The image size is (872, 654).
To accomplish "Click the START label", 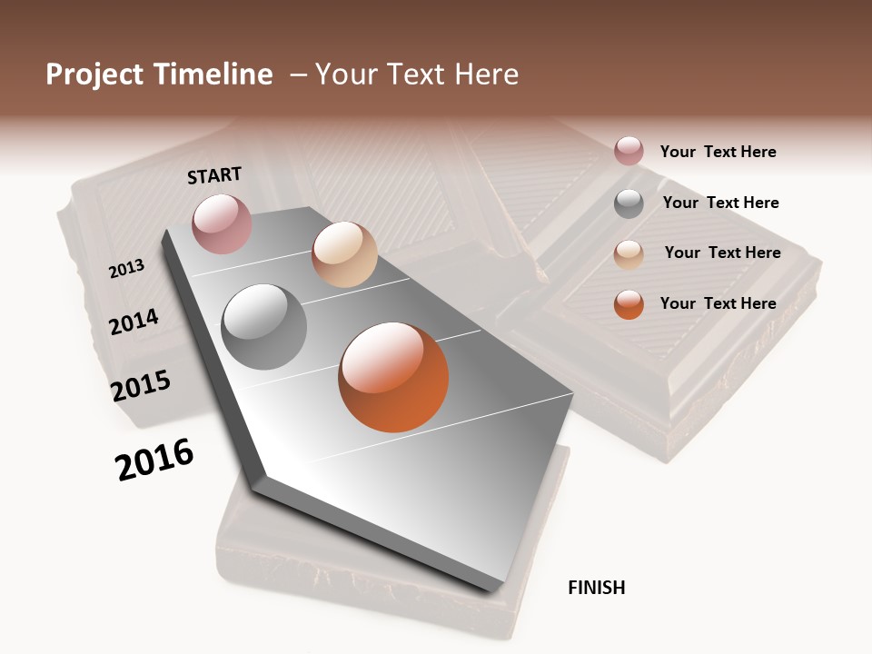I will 214,175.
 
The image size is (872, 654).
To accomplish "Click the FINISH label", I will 596,588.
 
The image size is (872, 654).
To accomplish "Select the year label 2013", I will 126,269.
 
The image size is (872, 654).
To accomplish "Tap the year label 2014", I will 134,322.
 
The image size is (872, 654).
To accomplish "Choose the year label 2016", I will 154,460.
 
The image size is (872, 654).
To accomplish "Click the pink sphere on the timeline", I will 222,223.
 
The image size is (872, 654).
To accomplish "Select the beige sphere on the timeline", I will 344,254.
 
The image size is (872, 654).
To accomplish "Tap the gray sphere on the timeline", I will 264,327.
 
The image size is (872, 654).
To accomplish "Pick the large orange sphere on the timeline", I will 393,377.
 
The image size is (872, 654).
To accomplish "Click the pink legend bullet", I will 629,151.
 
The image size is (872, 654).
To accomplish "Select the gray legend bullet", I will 629,203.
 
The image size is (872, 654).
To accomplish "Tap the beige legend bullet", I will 629,254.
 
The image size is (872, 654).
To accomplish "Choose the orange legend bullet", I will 629,304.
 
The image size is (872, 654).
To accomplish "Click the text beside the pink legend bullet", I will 718,152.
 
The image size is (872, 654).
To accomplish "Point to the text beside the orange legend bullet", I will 718,303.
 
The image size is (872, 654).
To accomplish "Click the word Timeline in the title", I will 213,74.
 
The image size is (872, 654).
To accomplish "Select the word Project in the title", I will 94,74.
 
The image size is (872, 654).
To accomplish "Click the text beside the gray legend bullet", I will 720,203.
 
